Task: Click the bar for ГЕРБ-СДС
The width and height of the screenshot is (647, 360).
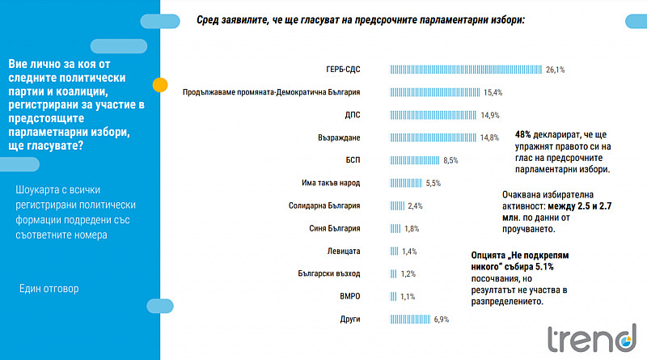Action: point(466,70)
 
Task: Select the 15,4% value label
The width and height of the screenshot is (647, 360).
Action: point(493,92)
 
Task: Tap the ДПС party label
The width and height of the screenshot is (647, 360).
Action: point(353,115)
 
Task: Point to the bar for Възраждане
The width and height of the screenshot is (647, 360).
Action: point(433,138)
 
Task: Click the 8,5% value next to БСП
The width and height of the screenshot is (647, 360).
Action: point(450,161)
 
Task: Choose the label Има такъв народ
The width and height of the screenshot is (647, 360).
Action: point(331,183)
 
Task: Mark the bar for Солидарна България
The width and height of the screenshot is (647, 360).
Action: point(397,205)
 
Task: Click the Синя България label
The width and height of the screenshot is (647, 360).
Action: point(335,228)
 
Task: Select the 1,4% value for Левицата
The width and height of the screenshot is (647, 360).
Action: point(409,252)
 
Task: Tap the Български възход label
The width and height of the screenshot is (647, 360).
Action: point(329,273)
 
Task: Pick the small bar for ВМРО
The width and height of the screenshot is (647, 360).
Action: point(393,296)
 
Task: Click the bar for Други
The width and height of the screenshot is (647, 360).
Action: point(410,319)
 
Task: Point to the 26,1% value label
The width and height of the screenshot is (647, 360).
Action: point(555,70)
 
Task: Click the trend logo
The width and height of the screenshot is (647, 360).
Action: point(592,338)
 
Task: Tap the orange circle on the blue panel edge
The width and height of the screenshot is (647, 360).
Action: point(160,85)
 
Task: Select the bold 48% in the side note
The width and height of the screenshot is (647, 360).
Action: point(522,134)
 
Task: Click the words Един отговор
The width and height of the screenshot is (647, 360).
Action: point(49,289)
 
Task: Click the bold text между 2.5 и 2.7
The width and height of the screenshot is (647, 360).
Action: point(580,206)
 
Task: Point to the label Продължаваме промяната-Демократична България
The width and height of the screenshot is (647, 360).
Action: point(272,92)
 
